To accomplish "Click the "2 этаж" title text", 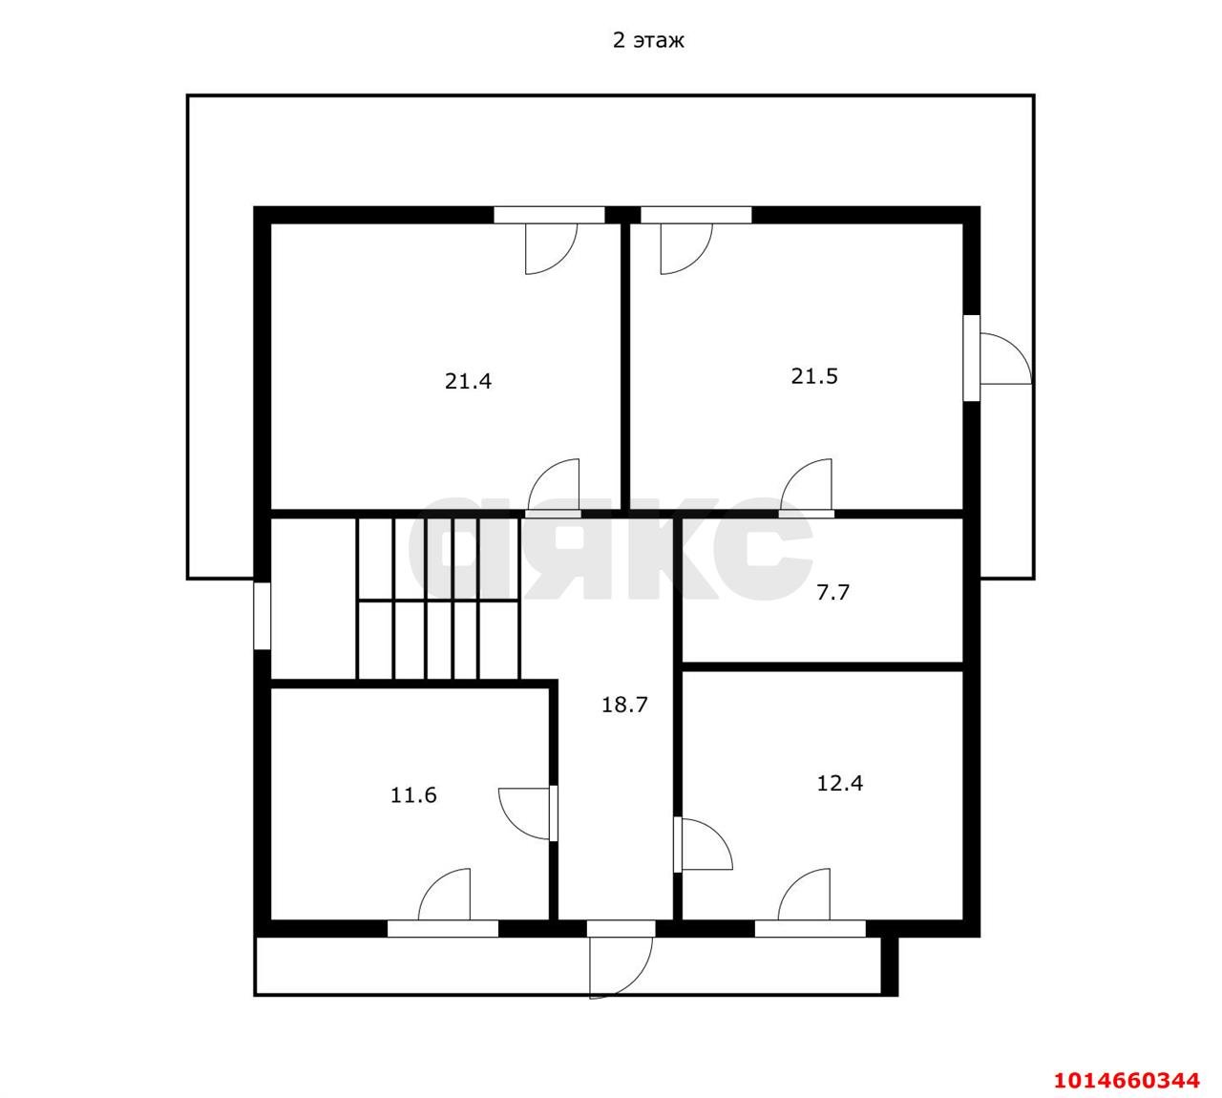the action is [648, 40].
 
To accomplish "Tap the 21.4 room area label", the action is [468, 381].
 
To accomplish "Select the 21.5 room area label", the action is [814, 376].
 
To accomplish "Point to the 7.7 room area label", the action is [832, 592].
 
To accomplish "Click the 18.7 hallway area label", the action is [624, 705].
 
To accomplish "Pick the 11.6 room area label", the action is [413, 795].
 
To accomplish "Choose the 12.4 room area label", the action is [839, 783].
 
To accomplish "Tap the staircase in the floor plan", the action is [438, 599].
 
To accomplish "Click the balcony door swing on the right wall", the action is [1006, 358].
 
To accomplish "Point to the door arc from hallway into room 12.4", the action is [706, 844].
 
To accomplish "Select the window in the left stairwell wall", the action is [262, 616].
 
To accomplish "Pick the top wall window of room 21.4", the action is [550, 215].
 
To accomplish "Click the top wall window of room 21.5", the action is [696, 215].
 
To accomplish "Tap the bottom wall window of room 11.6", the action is [443, 928].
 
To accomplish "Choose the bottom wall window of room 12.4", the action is [810, 928].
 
